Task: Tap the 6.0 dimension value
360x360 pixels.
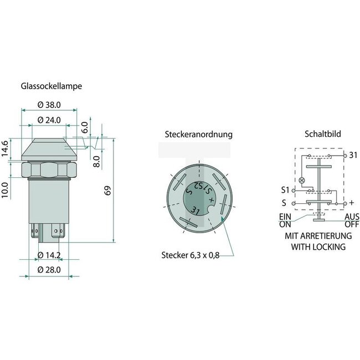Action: (x=84, y=126)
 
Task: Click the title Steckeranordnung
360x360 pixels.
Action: (x=198, y=135)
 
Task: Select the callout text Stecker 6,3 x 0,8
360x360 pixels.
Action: (x=187, y=255)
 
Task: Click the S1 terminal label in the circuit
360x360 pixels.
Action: (x=284, y=191)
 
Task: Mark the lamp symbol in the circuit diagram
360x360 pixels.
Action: (x=301, y=181)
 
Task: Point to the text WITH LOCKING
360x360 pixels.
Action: (x=318, y=246)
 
